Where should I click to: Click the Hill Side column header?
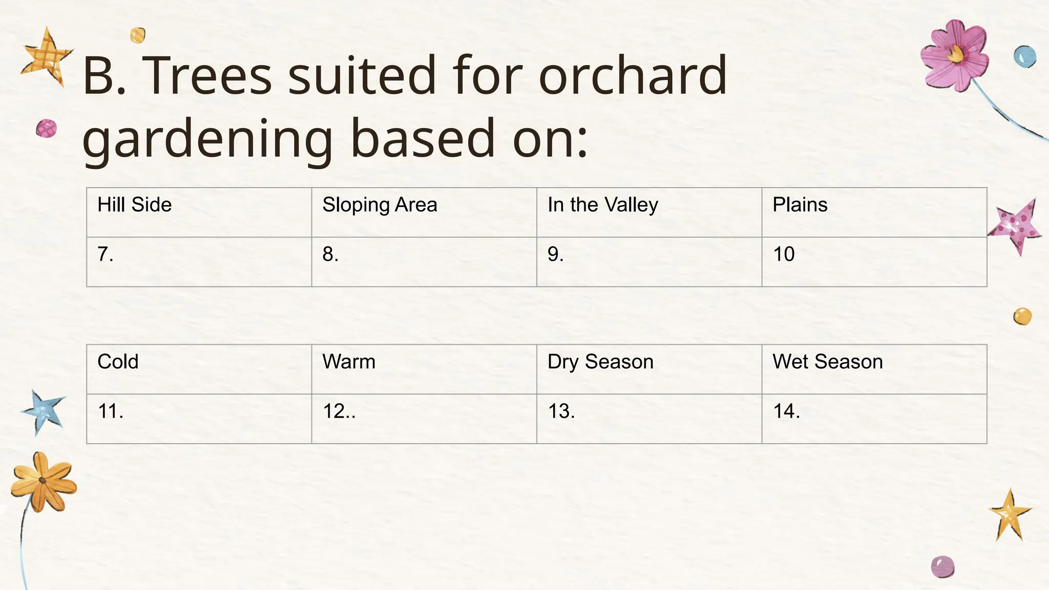pos(199,212)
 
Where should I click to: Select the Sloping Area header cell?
pos(424,212)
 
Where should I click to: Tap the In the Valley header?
pos(649,212)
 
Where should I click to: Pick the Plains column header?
pos(874,212)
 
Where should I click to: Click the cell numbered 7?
pos(199,262)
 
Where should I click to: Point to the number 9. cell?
pos(649,262)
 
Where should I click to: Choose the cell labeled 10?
pos(874,262)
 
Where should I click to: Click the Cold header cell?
pos(199,369)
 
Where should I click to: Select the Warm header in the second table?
pos(424,369)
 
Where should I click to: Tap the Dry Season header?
pos(649,369)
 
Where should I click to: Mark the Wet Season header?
pos(874,369)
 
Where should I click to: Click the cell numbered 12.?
pos(424,418)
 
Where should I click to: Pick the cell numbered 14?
pos(874,418)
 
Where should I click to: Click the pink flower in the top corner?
pos(954,55)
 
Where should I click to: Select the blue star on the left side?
pos(44,411)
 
